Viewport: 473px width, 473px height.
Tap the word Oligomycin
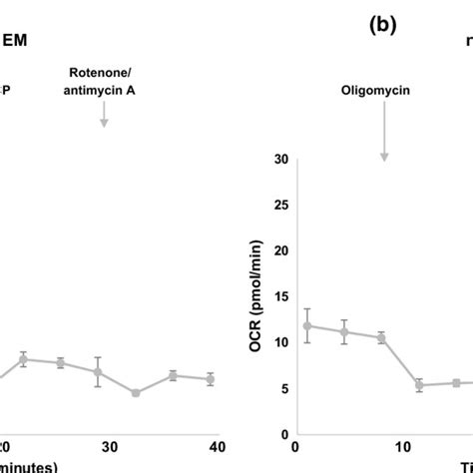(383, 88)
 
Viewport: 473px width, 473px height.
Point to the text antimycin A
(104, 92)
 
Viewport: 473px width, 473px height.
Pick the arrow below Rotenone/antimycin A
(104, 117)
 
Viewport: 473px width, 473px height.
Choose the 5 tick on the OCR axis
(283, 389)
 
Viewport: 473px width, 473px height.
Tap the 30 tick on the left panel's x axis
(111, 446)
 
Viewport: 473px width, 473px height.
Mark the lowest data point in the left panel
(136, 392)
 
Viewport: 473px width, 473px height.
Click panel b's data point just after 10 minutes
(419, 384)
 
